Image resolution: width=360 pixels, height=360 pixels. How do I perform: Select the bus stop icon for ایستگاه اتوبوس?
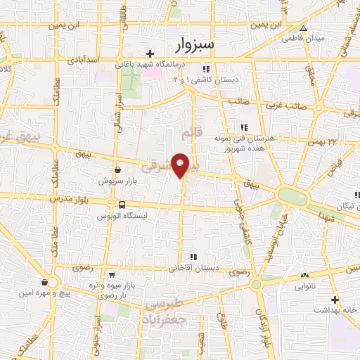[123, 205]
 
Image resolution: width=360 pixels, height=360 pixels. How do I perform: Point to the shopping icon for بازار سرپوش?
[117, 170]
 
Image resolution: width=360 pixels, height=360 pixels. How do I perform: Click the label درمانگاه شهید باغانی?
[152, 65]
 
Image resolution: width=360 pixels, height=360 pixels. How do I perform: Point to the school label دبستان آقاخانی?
[194, 268]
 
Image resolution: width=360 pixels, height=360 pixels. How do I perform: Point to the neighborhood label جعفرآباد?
[163, 318]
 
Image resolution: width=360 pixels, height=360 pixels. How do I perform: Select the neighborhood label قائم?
[188, 133]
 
